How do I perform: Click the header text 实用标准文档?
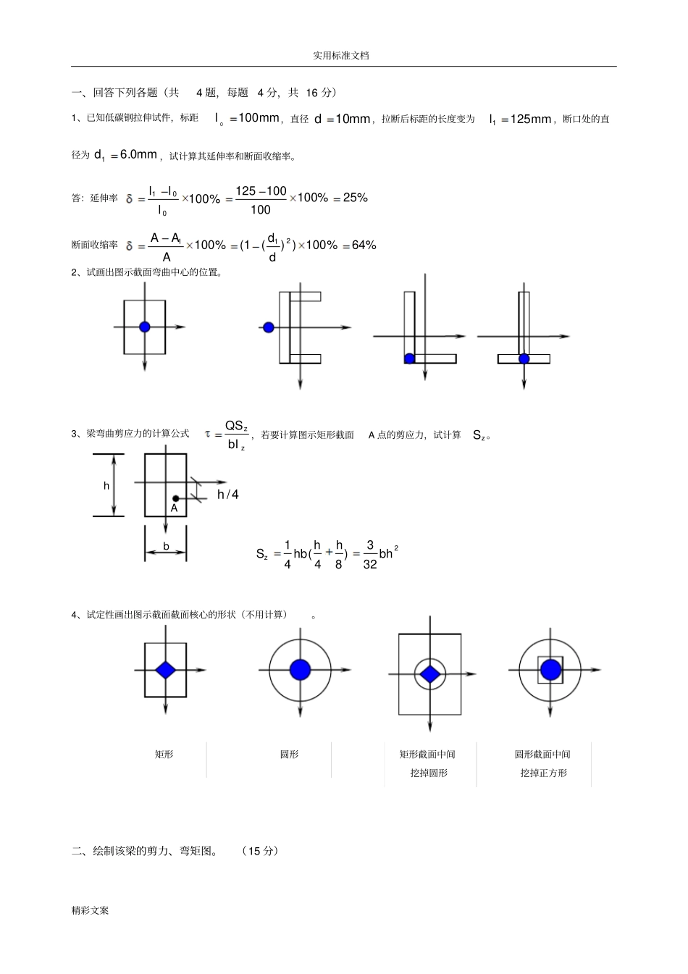tap(341, 56)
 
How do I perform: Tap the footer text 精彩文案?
tap(90, 910)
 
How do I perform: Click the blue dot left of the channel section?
tap(269, 327)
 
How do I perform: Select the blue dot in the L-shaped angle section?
tap(409, 358)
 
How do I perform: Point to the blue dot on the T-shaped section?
tap(524, 358)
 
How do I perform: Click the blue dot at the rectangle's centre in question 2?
tap(144, 327)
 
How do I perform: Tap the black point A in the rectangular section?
tap(175, 498)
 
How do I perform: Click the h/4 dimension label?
tap(228, 495)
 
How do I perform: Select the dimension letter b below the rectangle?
tap(166, 546)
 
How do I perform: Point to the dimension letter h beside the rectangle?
tap(106, 486)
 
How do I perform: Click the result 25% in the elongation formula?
tap(356, 198)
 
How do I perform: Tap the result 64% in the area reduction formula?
tap(364, 245)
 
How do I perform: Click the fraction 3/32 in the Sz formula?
tap(369, 555)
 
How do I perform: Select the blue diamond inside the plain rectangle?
tap(165, 670)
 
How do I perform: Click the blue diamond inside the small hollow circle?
tap(430, 674)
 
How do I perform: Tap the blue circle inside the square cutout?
tap(550, 670)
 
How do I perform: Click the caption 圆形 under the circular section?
tap(289, 755)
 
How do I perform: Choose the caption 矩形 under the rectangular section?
tap(164, 755)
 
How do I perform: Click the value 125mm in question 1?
tap(531, 119)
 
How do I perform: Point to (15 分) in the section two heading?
tap(260, 851)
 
